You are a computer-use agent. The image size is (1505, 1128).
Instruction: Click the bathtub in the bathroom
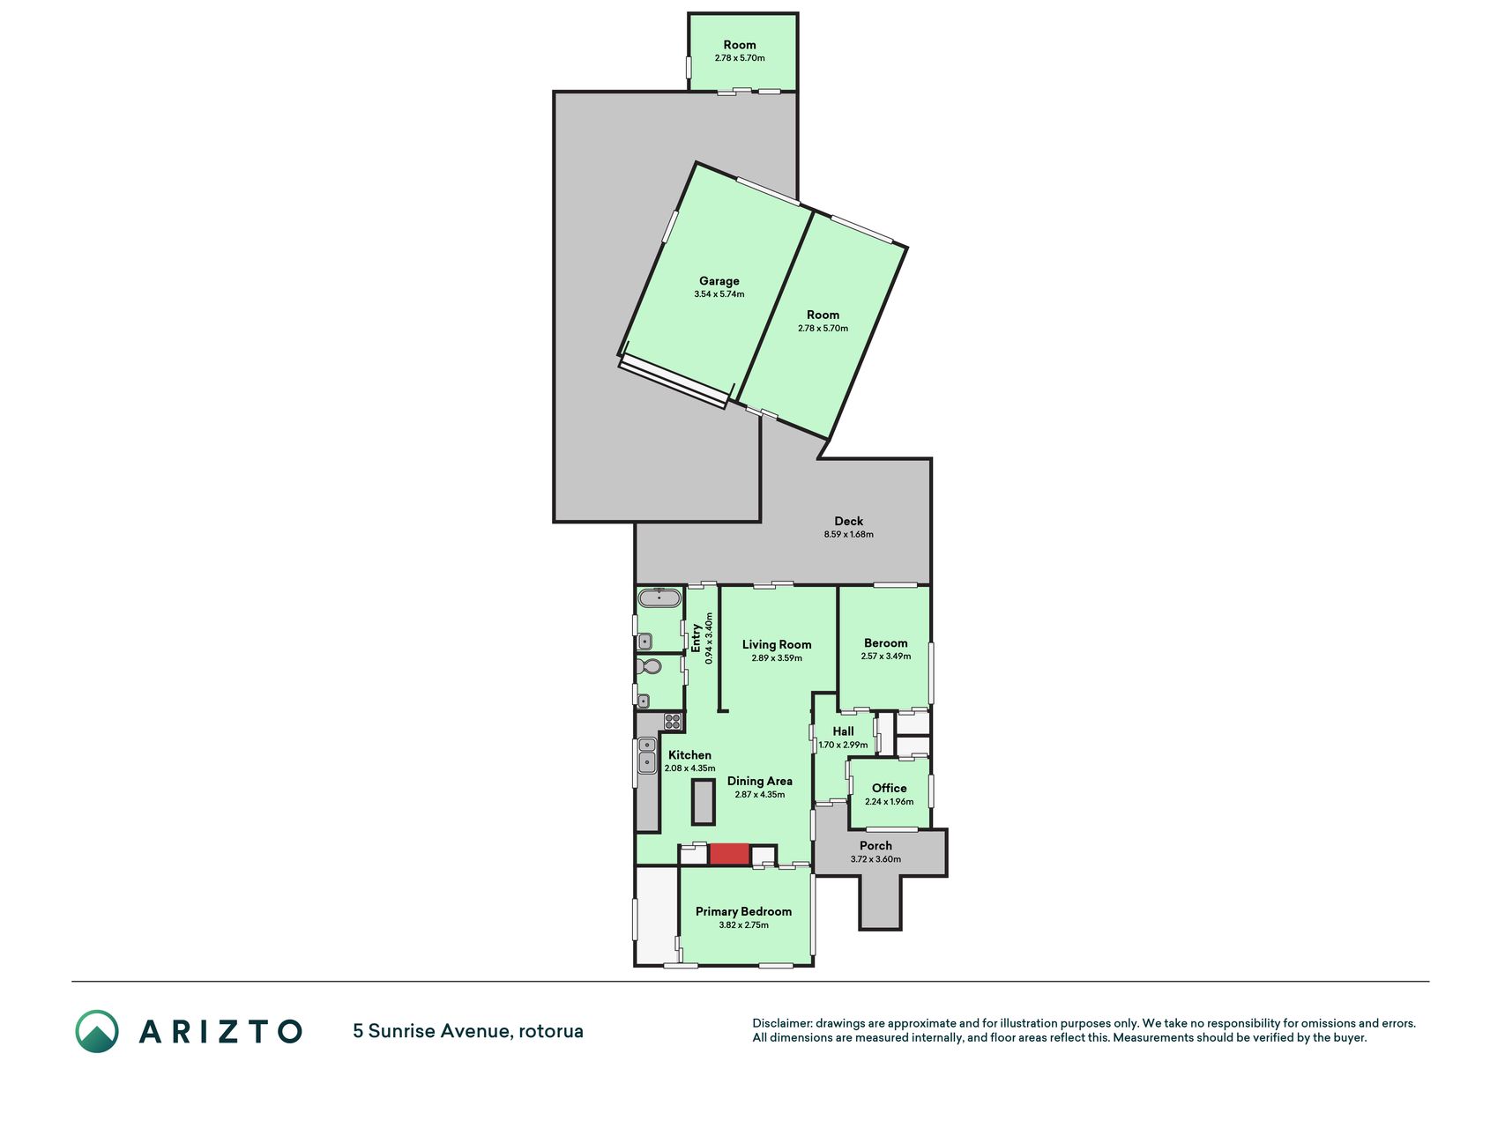pos(659,598)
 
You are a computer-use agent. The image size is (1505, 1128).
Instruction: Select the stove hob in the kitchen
pos(674,722)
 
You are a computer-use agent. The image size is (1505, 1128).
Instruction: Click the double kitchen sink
pos(647,755)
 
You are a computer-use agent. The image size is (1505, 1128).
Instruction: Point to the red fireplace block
pos(729,854)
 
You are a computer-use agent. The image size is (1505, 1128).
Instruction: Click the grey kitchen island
pos(704,802)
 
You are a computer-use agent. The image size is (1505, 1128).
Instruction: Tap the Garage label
pos(719,281)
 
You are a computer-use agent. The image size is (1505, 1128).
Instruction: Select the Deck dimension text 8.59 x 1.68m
pos(849,534)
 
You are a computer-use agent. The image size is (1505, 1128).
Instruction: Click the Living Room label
pos(777,644)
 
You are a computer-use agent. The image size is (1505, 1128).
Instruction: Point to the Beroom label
pos(886,643)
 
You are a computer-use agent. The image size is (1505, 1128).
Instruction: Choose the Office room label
pos(890,788)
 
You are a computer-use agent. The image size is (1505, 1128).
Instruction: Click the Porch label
pos(876,846)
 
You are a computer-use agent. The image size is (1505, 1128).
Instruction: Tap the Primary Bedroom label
pos(743,911)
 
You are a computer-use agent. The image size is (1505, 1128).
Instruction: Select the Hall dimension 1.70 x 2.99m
pos(844,745)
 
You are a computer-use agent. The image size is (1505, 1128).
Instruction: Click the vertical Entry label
pos(696,638)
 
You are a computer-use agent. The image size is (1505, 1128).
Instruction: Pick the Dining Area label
pos(760,781)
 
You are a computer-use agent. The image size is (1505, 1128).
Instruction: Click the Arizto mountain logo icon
pos(97,1031)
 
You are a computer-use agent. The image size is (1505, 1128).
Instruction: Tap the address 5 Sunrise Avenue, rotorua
pos(468,1031)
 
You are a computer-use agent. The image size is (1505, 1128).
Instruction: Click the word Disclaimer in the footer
pos(782,1023)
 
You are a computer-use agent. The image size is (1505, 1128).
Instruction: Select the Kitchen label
pos(689,755)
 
